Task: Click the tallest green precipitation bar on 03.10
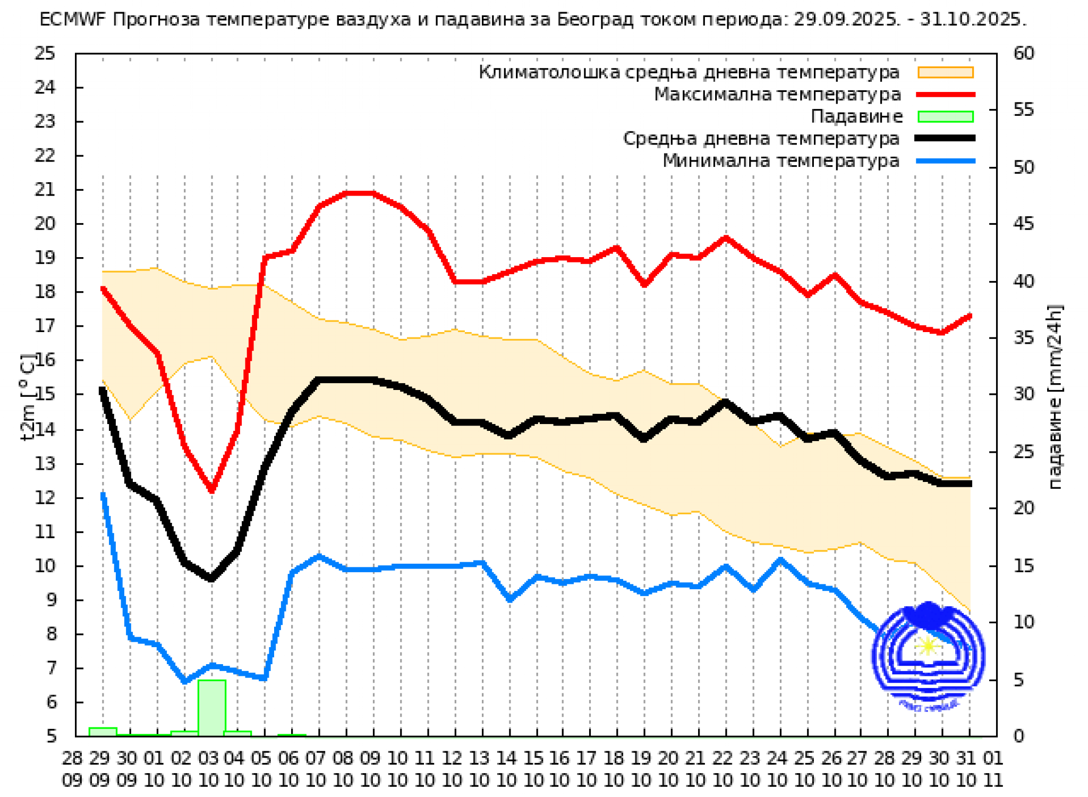click(211, 707)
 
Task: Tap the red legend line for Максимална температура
click(946, 95)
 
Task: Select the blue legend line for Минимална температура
click(946, 160)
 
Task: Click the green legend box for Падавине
click(946, 116)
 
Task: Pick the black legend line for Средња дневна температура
click(946, 138)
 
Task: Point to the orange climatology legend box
click(946, 72)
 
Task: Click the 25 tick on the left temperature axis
click(45, 53)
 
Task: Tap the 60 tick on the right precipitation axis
click(1024, 53)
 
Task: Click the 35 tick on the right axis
click(1024, 337)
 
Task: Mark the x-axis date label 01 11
click(992, 769)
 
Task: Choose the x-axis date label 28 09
click(72, 769)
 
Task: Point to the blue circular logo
click(928, 656)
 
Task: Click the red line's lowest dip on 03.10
click(211, 489)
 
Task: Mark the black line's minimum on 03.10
click(211, 578)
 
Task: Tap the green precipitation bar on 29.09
click(103, 732)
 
